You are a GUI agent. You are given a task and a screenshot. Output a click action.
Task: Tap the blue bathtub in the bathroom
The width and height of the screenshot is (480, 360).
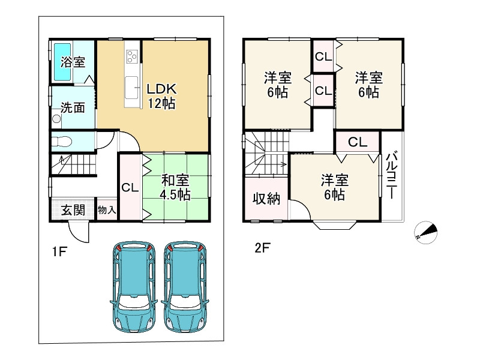tap(63, 62)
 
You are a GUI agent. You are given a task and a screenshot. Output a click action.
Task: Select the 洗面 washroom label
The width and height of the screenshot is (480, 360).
tap(72, 108)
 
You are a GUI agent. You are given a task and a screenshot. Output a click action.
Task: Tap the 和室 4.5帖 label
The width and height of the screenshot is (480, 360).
tap(176, 187)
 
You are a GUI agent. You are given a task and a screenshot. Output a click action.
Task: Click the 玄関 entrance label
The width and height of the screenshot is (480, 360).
tap(72, 211)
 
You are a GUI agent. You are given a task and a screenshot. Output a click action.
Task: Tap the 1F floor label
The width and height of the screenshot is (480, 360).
tap(58, 252)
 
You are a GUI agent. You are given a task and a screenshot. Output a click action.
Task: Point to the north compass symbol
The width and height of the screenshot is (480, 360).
tap(427, 232)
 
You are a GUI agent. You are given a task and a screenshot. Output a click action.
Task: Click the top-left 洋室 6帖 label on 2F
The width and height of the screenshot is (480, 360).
tap(277, 85)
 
